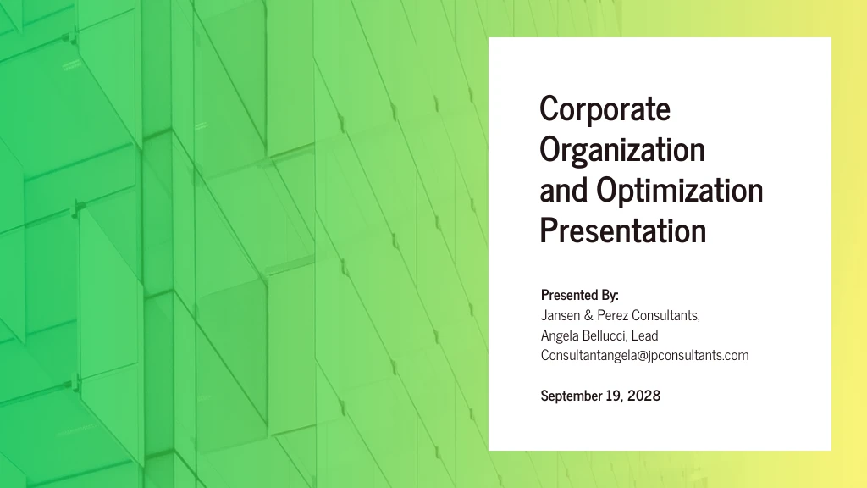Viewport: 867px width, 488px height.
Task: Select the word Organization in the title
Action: click(x=622, y=150)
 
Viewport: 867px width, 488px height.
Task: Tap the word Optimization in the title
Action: click(x=679, y=191)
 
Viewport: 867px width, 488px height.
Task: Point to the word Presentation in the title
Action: click(x=622, y=230)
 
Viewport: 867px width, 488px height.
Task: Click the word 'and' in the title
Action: click(x=564, y=191)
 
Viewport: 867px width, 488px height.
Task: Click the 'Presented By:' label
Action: click(x=580, y=296)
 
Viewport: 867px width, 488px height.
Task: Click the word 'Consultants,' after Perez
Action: click(x=672, y=315)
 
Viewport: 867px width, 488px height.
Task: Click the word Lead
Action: click(x=644, y=335)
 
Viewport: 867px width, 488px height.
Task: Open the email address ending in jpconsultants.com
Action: click(x=644, y=356)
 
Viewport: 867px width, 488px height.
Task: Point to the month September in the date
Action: click(x=572, y=396)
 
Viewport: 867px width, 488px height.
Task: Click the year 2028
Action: click(x=644, y=396)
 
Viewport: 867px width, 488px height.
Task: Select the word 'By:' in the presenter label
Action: click(x=610, y=296)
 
